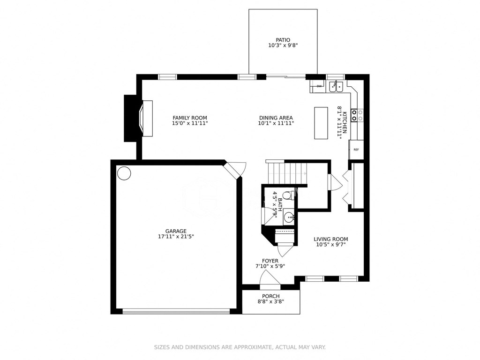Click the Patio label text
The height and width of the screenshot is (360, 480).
point(283,40)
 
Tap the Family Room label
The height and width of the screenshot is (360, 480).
point(189,118)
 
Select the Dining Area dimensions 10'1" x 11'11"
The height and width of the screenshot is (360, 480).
point(276,123)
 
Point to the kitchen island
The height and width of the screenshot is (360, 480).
point(321,123)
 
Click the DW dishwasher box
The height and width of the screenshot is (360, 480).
point(319,86)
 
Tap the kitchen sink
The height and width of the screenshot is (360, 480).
point(336,86)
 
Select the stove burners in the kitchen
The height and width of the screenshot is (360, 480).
point(357,115)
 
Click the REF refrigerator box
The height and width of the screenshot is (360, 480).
point(356,150)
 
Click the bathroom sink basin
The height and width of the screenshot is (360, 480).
point(289,217)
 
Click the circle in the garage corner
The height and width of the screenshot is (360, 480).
point(124,173)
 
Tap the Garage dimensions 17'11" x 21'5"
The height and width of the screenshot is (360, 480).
point(176,237)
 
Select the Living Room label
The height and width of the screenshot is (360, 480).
point(330,239)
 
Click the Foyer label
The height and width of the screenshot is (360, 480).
point(270,261)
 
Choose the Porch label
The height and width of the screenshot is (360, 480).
point(271,296)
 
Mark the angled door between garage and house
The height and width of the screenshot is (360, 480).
point(234,170)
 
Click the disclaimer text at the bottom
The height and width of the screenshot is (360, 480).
point(240,347)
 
